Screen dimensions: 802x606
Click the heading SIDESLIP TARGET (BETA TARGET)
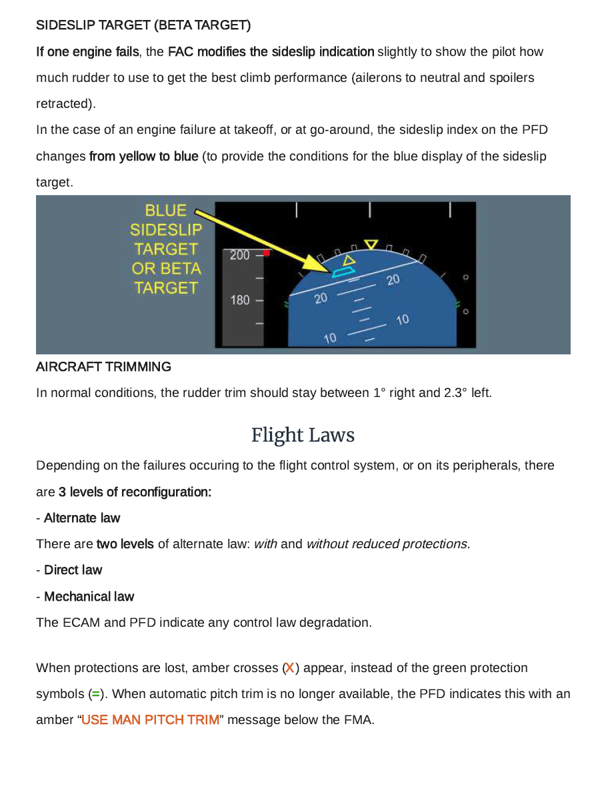(143, 26)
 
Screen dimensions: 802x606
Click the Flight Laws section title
(303, 436)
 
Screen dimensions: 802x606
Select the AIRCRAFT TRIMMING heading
(103, 367)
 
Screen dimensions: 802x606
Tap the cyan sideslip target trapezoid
(343, 271)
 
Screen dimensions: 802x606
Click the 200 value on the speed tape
(239, 255)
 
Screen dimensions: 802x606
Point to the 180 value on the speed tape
(239, 300)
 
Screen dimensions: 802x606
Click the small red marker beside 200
(266, 253)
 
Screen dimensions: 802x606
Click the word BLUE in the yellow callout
(165, 210)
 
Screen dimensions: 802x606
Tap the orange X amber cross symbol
(290, 668)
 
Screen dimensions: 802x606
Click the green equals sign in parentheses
(95, 694)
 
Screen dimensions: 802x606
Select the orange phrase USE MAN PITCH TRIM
(150, 720)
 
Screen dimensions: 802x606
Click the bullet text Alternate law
(82, 518)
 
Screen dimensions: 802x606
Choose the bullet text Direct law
(73, 570)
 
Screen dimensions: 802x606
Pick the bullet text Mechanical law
(89, 597)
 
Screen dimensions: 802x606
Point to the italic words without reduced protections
(387, 544)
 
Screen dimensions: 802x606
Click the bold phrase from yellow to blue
(143, 157)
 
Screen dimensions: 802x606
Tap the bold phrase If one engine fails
(87, 52)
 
